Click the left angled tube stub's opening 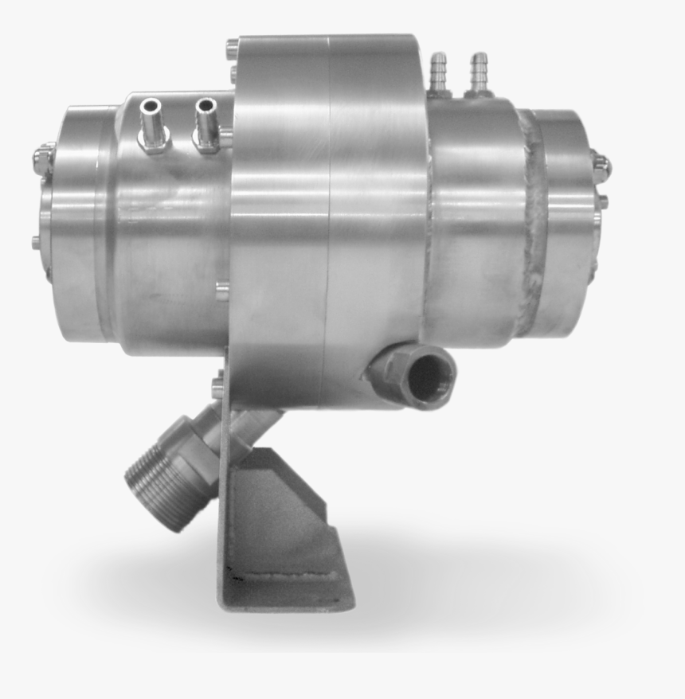tap(150, 106)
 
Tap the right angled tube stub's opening tap(205, 104)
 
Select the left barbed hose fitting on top tap(438, 73)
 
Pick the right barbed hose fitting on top tap(479, 72)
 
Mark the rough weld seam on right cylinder tap(532, 223)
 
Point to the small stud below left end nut tap(36, 242)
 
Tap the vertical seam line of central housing tap(328, 223)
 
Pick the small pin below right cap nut tap(603, 201)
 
